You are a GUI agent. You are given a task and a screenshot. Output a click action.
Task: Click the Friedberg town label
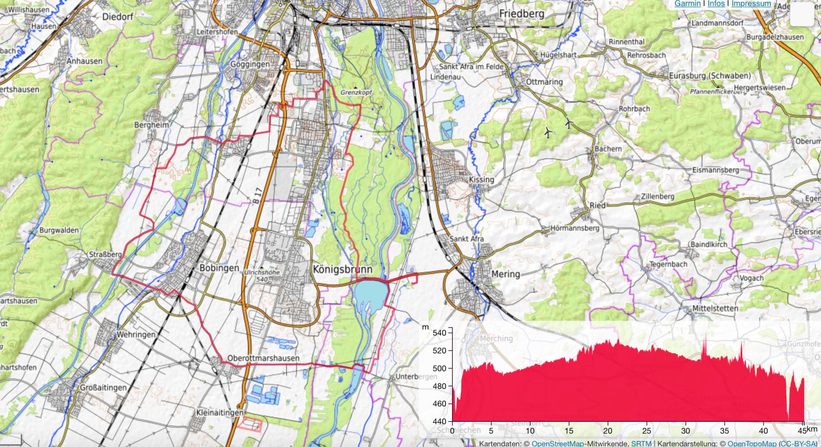tap(521, 13)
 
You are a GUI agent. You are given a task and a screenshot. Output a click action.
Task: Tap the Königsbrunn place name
tap(343, 270)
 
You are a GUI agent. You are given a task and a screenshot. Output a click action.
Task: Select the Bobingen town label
tap(219, 268)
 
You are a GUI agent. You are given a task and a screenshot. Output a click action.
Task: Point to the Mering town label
tap(505, 274)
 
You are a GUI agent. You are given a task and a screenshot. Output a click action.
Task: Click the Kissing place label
tap(481, 180)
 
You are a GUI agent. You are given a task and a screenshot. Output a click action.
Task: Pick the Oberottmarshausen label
tap(263, 358)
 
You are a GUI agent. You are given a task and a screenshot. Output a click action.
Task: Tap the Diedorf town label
tap(118, 17)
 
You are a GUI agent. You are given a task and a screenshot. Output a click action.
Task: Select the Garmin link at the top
tap(687, 4)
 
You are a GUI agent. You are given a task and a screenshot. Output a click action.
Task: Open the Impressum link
tap(751, 4)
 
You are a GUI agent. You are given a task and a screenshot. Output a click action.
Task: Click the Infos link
tap(716, 4)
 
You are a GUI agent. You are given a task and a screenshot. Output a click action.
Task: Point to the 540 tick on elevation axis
tap(440, 333)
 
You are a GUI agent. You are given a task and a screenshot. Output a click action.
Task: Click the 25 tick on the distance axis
tap(647, 431)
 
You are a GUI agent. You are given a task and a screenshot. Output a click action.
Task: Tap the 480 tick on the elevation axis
tap(440, 386)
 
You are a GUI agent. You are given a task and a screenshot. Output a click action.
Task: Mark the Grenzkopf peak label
tap(356, 93)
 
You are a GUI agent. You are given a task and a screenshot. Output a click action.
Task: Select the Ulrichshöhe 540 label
tap(262, 276)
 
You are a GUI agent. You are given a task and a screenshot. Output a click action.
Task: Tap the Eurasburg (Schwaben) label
tap(709, 76)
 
